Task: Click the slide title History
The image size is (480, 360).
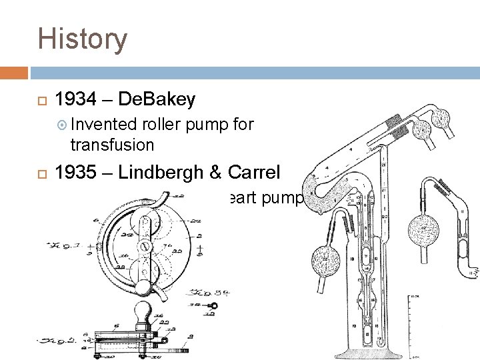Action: coord(82,39)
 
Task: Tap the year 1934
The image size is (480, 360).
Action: coord(74,100)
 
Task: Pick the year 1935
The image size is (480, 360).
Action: coord(74,173)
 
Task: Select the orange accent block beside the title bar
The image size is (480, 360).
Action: coord(14,72)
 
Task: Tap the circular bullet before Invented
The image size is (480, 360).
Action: coord(62,125)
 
